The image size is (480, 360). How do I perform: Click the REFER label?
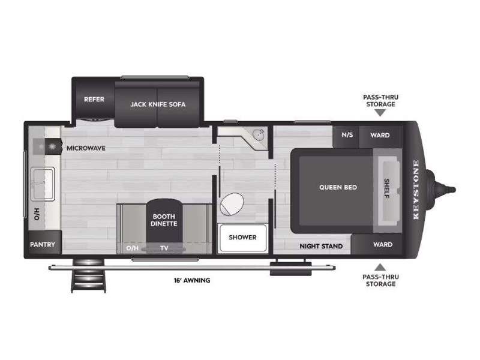click(x=94, y=100)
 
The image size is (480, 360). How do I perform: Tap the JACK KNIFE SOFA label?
click(x=158, y=104)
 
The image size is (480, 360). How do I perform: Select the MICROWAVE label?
click(x=86, y=148)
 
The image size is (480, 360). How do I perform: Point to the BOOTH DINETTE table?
click(x=164, y=220)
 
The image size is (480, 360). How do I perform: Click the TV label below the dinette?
click(x=164, y=248)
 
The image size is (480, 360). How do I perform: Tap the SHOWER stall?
click(x=242, y=238)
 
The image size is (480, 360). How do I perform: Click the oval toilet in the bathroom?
click(x=232, y=204)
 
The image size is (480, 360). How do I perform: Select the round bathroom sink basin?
click(x=259, y=135)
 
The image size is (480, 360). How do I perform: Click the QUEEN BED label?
click(x=338, y=187)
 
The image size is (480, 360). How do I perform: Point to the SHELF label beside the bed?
click(x=387, y=188)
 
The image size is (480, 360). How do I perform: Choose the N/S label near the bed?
click(x=347, y=134)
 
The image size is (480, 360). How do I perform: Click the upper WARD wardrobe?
click(x=380, y=136)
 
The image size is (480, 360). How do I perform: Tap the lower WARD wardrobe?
click(x=377, y=244)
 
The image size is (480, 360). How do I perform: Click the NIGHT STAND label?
click(x=321, y=246)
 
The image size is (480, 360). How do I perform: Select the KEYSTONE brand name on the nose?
click(x=416, y=190)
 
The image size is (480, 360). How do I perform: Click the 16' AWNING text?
click(x=192, y=280)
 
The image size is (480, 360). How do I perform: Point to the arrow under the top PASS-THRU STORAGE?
click(x=380, y=113)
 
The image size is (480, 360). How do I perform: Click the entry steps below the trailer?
click(x=89, y=276)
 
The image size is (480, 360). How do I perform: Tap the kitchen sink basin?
click(x=42, y=184)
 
